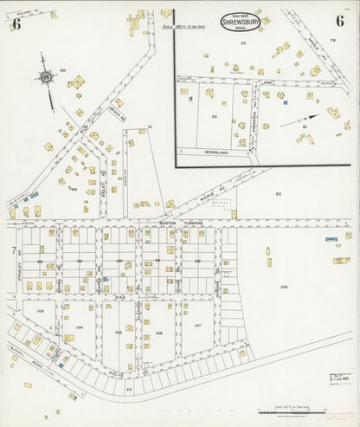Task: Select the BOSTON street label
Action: [x=168, y=222]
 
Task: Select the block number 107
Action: [x=197, y=326]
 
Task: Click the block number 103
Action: [x=40, y=309]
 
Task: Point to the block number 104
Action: [x=80, y=327]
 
